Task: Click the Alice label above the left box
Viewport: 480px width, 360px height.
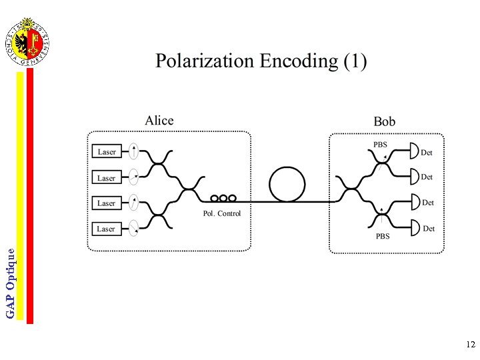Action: [x=159, y=121]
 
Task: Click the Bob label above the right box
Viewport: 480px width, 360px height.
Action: [x=384, y=121]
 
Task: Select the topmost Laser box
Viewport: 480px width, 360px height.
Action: [x=107, y=152]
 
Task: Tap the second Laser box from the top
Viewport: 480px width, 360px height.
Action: [x=107, y=178]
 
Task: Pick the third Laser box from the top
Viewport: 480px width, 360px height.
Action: [x=107, y=203]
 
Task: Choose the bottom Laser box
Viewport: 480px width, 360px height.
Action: [x=107, y=229]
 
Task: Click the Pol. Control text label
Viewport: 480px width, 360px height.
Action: [x=222, y=213]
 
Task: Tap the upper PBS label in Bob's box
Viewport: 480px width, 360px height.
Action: [x=380, y=145]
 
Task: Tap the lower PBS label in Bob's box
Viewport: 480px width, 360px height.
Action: [x=382, y=236]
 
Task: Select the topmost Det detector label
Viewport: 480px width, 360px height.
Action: [x=427, y=153]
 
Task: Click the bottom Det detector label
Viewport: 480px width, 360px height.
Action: [x=429, y=229]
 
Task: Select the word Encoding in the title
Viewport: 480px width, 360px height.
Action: [x=299, y=62]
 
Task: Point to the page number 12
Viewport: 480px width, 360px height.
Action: [x=471, y=345]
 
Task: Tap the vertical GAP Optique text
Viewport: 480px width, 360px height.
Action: [x=11, y=283]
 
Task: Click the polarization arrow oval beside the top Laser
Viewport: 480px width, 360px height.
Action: [x=134, y=151]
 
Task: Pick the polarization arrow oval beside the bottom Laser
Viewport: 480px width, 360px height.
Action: [x=134, y=228]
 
